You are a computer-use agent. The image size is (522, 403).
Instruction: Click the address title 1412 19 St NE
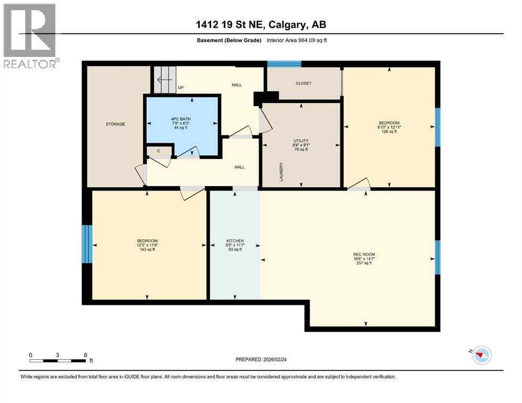(x=261, y=25)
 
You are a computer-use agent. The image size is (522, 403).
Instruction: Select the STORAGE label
(x=115, y=124)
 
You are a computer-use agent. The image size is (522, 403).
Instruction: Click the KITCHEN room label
(x=234, y=241)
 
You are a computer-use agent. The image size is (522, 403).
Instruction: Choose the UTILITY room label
(x=300, y=141)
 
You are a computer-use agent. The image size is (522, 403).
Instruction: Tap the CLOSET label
(x=303, y=83)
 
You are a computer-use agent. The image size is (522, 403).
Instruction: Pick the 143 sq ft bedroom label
(x=147, y=241)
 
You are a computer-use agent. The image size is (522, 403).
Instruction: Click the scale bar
(x=58, y=360)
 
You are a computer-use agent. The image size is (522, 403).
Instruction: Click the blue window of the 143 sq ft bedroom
(x=87, y=244)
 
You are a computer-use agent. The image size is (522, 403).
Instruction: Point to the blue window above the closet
(x=284, y=64)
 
